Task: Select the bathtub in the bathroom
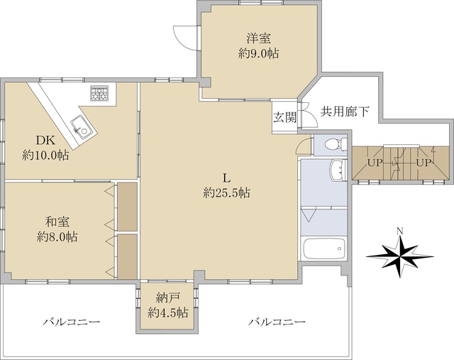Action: pyautogui.click(x=325, y=250)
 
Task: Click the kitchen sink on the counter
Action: pyautogui.click(x=82, y=129)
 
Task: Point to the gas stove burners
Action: pyautogui.click(x=99, y=92)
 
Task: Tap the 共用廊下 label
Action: pyautogui.click(x=345, y=111)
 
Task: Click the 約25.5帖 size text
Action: pyautogui.click(x=226, y=192)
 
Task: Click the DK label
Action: pyautogui.click(x=35, y=140)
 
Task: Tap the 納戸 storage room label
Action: pyautogui.click(x=167, y=298)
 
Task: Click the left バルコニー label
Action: pyautogui.click(x=71, y=322)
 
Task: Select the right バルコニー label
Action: pyautogui.click(x=277, y=322)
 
